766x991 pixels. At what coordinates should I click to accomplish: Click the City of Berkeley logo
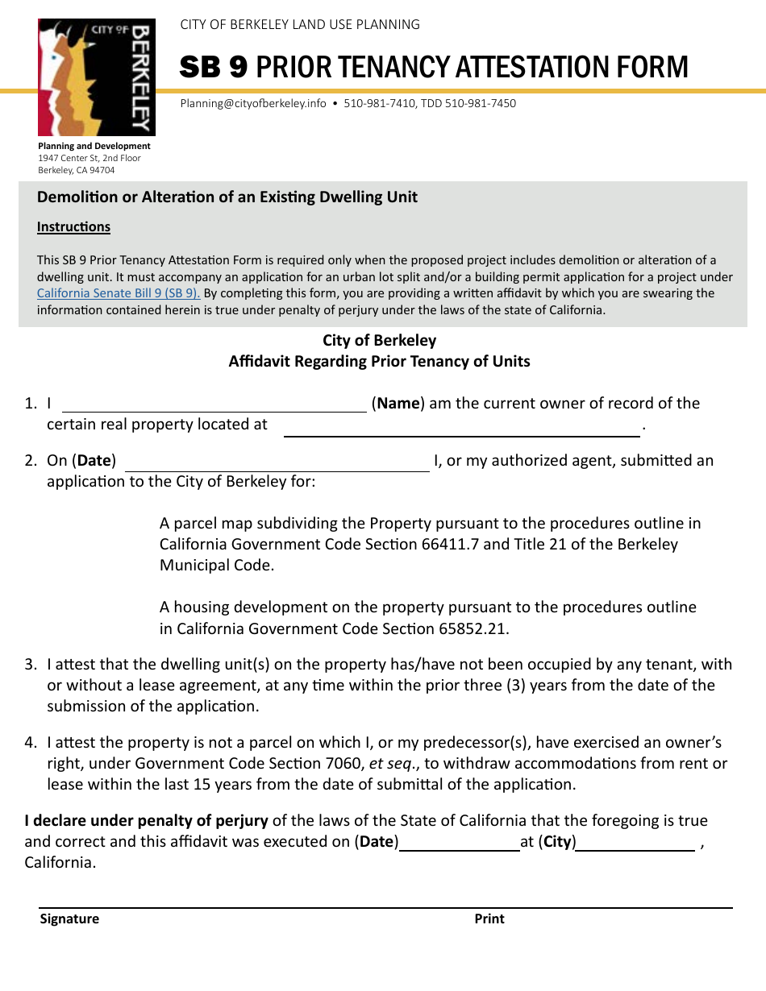96,77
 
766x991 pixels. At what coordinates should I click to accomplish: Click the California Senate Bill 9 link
119,293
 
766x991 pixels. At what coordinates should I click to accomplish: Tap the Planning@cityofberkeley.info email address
253,103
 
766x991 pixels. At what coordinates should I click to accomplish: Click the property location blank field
461,428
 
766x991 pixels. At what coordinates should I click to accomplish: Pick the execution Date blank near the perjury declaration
460,844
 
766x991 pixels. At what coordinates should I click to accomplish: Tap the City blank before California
635,844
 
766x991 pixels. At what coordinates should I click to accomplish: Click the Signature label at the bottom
69,918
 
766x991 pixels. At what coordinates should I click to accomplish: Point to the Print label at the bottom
489,918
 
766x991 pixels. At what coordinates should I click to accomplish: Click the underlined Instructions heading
73,227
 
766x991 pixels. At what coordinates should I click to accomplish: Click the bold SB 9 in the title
214,68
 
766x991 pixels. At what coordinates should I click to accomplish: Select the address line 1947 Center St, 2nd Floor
90,158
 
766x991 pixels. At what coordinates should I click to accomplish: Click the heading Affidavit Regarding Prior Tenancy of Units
379,361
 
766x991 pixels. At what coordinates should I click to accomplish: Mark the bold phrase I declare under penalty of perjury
146,820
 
